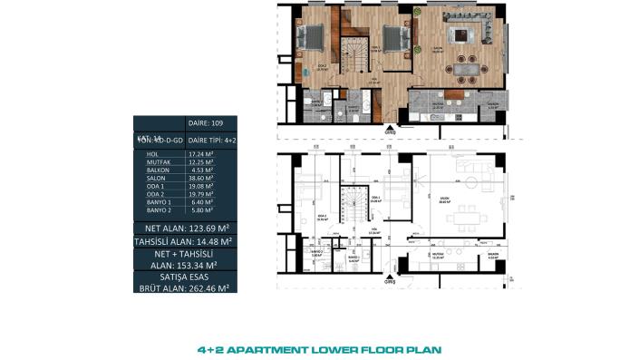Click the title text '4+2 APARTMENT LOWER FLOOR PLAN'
click(x=319, y=347)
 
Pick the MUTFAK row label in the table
click(x=160, y=164)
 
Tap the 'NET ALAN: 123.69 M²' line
click(x=186, y=226)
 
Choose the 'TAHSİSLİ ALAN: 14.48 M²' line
click(x=186, y=241)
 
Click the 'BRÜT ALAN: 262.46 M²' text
click(x=186, y=286)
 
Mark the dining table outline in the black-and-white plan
click(x=468, y=217)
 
